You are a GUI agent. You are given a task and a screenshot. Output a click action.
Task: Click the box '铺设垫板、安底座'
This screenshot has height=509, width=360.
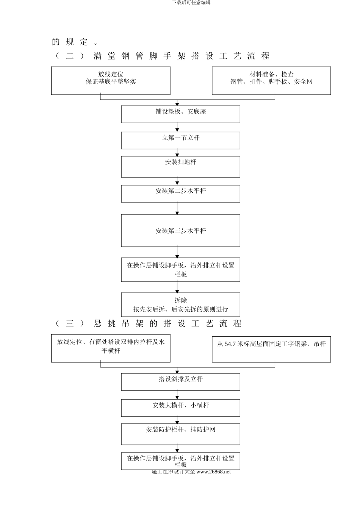(180, 114)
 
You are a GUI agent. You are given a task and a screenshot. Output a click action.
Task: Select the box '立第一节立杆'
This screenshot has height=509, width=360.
(180, 140)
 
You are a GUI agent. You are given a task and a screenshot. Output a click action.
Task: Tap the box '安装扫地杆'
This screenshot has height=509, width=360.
(180, 167)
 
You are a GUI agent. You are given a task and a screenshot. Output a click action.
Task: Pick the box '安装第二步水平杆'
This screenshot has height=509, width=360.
(180, 193)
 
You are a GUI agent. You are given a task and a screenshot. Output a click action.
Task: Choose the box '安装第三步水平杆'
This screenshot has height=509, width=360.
(180, 230)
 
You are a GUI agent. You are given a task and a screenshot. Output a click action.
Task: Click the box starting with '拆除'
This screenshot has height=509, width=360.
(180, 304)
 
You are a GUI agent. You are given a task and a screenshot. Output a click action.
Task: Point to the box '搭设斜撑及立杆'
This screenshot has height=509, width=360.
(180, 382)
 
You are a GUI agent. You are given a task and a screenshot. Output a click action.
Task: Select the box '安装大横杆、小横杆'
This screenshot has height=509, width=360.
(180, 408)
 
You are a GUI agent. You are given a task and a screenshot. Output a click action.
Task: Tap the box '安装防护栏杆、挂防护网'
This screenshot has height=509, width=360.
(180, 434)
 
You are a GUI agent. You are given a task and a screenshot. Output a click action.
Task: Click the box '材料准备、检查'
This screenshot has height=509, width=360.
(271, 81)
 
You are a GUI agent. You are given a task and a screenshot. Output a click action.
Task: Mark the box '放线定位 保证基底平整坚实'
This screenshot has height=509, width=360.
(111, 81)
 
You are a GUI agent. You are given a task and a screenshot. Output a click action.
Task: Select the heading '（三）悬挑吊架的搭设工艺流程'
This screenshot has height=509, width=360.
(149, 323)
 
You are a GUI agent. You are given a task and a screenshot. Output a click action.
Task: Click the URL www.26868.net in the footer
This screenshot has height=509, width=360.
(213, 472)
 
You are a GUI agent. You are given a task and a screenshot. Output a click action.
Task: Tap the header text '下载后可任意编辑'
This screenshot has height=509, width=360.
(191, 3)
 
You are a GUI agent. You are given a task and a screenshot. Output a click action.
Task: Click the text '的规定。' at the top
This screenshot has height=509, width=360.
(75, 42)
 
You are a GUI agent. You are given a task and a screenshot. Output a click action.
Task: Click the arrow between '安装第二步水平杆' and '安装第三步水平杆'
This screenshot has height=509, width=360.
(177, 208)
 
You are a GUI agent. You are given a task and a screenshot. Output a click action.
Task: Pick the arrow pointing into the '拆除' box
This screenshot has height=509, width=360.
(177, 287)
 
